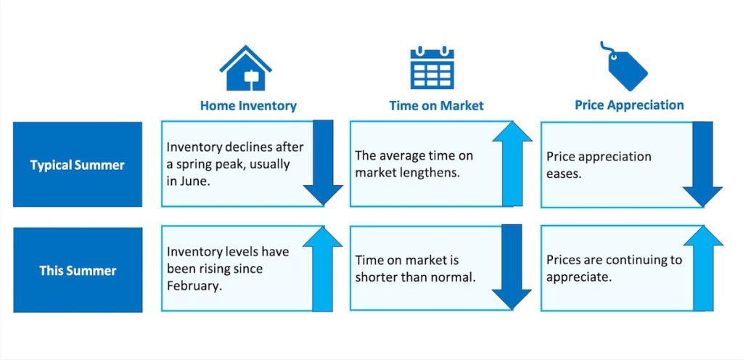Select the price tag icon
(x=625, y=67)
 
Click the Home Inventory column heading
(x=248, y=105)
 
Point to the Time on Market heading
(x=436, y=105)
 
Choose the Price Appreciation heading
(x=629, y=105)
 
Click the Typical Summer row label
(x=77, y=165)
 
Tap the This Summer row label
(x=78, y=271)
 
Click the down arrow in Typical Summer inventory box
(x=323, y=163)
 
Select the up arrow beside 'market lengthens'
(x=512, y=163)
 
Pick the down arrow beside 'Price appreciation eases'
(x=702, y=164)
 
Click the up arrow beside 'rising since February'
(x=322, y=269)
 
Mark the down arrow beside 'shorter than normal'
(x=512, y=266)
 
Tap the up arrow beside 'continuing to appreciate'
(x=703, y=268)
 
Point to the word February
(x=194, y=287)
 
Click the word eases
(x=563, y=174)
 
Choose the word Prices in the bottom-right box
(x=562, y=260)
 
